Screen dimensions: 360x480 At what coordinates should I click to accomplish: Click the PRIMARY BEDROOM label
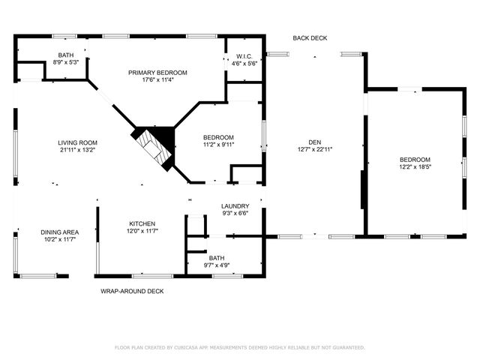pos(157,73)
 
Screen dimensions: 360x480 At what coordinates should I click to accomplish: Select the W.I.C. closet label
pos(244,55)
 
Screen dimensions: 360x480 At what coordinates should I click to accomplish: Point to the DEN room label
pos(314,142)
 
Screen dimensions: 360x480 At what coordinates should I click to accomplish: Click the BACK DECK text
pos(310,38)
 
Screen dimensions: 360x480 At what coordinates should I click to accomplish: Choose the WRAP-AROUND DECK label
pos(132,291)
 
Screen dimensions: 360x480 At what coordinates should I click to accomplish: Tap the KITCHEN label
pos(142,223)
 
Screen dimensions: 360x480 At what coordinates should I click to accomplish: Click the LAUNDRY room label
pos(235,206)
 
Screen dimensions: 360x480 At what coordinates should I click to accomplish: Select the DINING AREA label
pos(60,232)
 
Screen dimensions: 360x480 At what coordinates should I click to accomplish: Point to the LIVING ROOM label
pos(78,142)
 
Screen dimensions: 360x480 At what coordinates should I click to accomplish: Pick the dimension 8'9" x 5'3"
pos(66,62)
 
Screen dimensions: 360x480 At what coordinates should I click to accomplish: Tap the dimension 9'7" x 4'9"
pos(217,265)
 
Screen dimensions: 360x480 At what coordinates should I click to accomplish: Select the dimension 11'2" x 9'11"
pos(219,145)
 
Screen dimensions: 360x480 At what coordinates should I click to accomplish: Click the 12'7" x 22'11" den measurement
pos(314,149)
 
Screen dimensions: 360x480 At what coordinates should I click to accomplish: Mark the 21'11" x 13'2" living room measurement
pos(78,150)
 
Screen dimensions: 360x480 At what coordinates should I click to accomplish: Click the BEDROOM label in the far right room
pos(415,160)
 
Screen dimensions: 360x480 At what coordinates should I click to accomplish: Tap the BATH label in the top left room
pos(66,55)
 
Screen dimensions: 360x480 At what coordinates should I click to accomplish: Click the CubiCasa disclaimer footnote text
pos(239,347)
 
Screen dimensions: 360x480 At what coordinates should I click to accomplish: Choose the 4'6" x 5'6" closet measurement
pos(244,63)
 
